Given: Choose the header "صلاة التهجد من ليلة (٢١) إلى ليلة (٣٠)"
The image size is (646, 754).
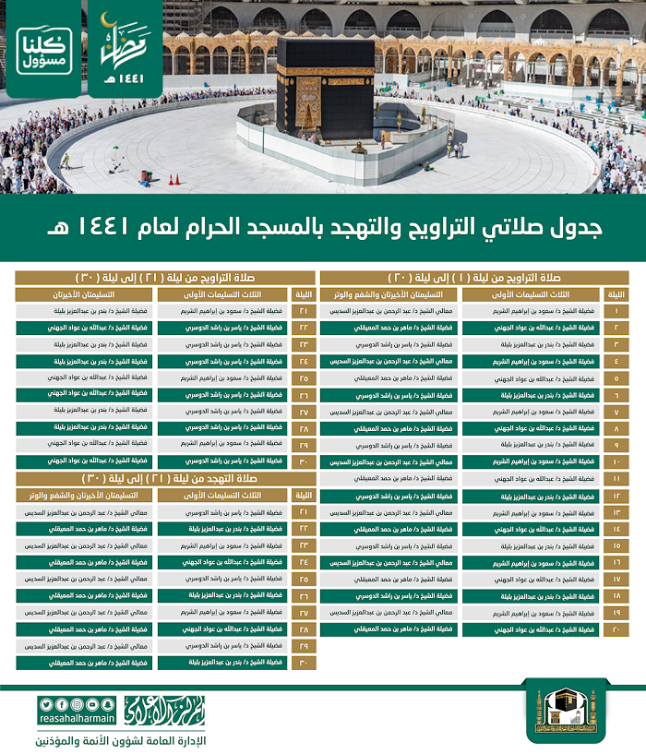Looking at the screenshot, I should (167, 478).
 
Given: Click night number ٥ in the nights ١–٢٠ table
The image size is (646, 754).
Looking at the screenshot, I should (616, 378).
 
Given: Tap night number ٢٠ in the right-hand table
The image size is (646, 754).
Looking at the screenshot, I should (616, 628).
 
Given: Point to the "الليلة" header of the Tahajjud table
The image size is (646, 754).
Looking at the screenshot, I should (304, 495).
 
